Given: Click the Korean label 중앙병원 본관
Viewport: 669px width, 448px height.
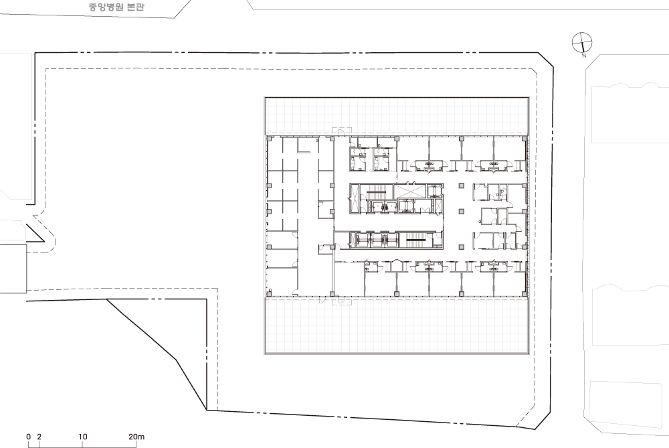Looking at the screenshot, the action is (116, 7).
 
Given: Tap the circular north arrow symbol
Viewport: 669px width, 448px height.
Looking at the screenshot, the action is (582, 42).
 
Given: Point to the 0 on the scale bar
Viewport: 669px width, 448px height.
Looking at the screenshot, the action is (29, 437).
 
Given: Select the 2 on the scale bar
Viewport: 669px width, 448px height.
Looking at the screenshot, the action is (39, 437).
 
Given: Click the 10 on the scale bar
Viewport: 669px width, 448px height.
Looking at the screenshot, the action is (83, 437).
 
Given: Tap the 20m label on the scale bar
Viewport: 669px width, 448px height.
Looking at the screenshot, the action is (136, 437).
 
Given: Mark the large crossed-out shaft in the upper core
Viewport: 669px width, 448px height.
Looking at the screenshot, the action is (409, 191).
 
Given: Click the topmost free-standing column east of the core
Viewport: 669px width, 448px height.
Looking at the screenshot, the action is (461, 185).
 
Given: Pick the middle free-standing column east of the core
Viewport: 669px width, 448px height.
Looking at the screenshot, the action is (461, 212).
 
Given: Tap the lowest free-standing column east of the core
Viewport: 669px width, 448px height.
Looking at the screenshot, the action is (461, 247).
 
